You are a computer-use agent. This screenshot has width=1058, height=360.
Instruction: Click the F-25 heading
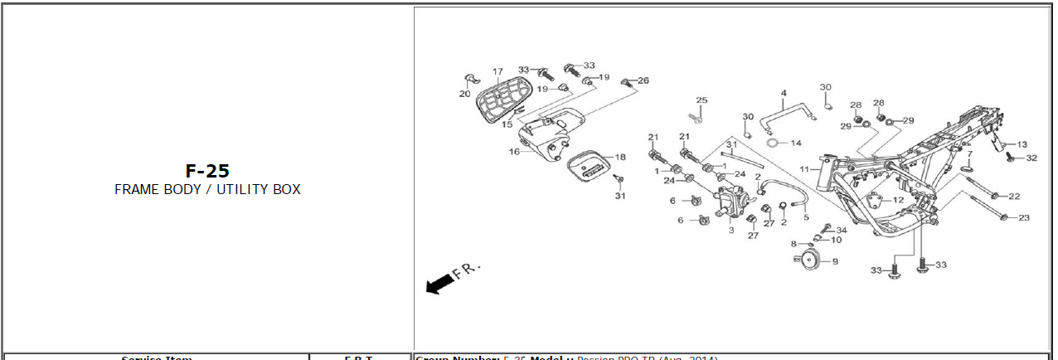207,172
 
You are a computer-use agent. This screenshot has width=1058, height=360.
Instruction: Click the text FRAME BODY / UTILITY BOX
207,190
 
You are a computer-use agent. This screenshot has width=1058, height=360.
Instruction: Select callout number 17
497,72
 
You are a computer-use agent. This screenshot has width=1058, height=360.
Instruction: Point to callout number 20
464,94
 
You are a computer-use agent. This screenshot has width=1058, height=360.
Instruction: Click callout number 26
643,80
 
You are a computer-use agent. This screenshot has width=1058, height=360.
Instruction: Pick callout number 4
784,93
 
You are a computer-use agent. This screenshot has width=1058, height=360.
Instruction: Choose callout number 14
796,144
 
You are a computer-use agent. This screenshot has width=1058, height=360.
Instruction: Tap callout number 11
803,169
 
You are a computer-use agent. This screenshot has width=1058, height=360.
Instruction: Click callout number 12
898,200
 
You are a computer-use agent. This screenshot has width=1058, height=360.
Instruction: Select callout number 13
1022,144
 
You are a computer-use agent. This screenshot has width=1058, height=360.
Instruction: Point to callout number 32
1031,158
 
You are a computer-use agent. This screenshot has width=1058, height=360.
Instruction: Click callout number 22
1014,197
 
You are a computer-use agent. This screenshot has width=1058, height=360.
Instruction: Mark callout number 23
1024,217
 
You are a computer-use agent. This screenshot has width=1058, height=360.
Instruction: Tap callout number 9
835,262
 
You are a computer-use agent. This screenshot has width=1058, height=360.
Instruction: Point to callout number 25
701,100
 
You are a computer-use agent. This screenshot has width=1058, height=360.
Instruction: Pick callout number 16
514,152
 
